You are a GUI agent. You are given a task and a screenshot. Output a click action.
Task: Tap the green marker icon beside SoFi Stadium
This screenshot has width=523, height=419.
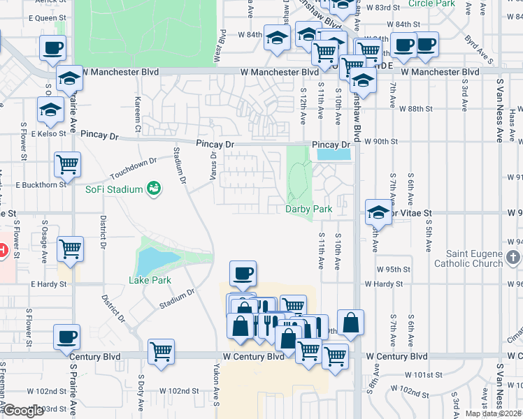point(152,189)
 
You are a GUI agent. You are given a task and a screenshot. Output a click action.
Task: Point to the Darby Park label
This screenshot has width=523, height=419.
point(308,209)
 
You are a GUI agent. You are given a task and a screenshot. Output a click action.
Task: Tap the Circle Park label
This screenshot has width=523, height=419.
point(431,3)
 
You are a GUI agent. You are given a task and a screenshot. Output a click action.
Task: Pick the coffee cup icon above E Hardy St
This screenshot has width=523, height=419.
point(243,273)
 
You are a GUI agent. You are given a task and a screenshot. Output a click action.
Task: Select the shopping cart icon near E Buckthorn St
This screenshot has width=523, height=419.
point(68,165)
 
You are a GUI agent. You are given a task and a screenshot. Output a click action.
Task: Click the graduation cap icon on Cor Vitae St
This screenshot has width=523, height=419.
point(378,211)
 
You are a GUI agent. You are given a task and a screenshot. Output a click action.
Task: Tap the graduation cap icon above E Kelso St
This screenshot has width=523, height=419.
point(50,109)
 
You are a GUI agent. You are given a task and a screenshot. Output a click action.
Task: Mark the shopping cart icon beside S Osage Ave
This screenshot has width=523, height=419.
point(71,249)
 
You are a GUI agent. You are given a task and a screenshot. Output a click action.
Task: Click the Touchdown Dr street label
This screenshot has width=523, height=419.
point(134,168)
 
